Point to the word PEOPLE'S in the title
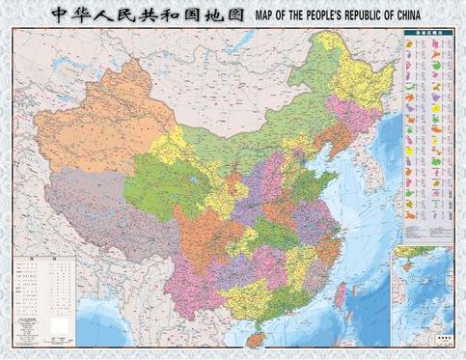click(299, 15)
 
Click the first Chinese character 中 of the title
click(60, 14)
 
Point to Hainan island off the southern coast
click(256, 338)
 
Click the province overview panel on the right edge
click(425, 135)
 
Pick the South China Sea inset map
click(425, 294)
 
